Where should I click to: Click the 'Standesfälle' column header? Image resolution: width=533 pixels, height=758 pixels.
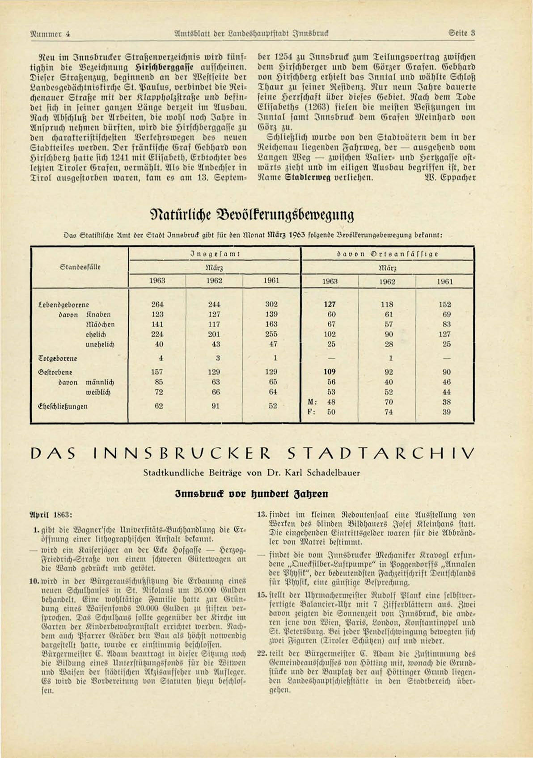(80, 267)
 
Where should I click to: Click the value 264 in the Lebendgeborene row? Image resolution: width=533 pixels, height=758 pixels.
(157, 304)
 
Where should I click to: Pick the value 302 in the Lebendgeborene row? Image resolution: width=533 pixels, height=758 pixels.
(271, 304)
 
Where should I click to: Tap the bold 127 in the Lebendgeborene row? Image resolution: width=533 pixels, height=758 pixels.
(330, 304)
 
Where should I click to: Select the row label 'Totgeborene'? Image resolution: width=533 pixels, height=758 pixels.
(58, 358)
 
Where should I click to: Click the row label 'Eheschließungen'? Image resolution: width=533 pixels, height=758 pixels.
(63, 406)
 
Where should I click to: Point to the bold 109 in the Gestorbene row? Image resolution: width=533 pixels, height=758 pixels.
(330, 372)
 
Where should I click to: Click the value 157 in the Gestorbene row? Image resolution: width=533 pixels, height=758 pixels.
(157, 372)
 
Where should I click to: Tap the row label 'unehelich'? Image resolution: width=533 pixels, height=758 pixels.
(100, 345)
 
